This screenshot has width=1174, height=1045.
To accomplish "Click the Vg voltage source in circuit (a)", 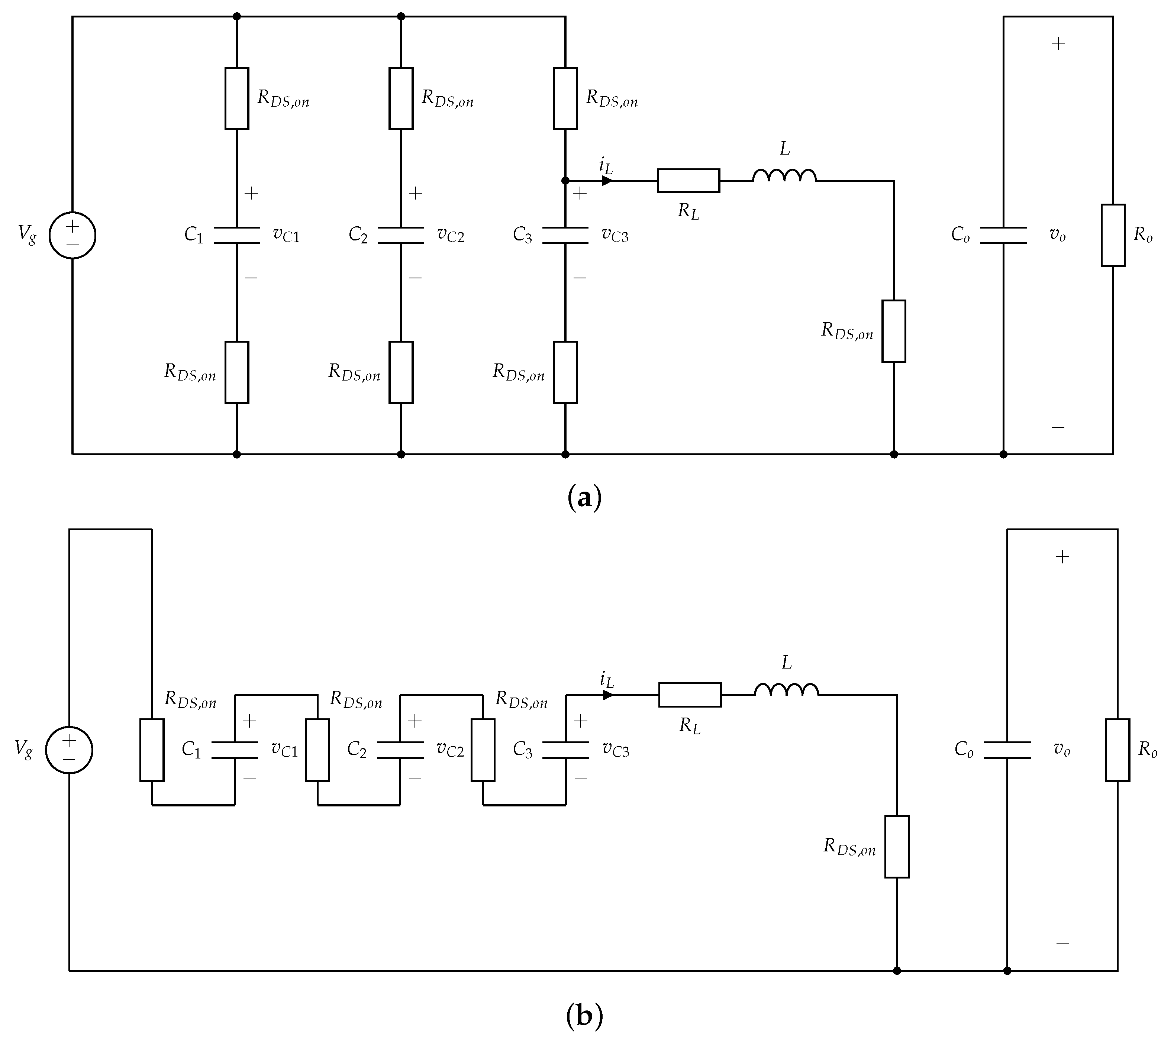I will (72, 235).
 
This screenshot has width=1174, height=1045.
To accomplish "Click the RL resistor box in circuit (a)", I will (688, 180).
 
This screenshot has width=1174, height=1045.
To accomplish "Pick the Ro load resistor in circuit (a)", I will (1113, 235).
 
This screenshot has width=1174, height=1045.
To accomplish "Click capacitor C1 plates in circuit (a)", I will (237, 235).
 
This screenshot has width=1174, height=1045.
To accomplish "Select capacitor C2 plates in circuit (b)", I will (400, 750).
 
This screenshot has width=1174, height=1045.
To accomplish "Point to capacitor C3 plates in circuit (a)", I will (565, 235).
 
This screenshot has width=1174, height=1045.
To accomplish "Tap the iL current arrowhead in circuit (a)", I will (607, 180).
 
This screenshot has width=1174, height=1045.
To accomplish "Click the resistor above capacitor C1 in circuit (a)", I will (237, 98).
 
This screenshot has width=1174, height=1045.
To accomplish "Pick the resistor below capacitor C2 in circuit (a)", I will (401, 372).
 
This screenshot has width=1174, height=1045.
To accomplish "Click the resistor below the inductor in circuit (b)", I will (897, 846).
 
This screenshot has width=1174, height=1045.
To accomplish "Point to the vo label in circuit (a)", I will (1057, 235).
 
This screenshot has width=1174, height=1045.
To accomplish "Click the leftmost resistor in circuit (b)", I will (152, 750).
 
